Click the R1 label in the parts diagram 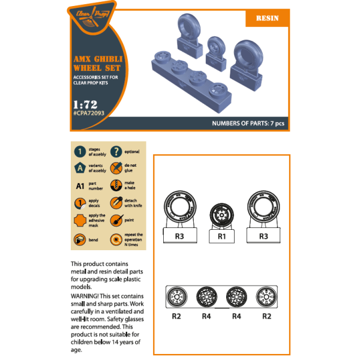(x=221, y=237)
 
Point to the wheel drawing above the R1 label (x=221, y=215)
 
